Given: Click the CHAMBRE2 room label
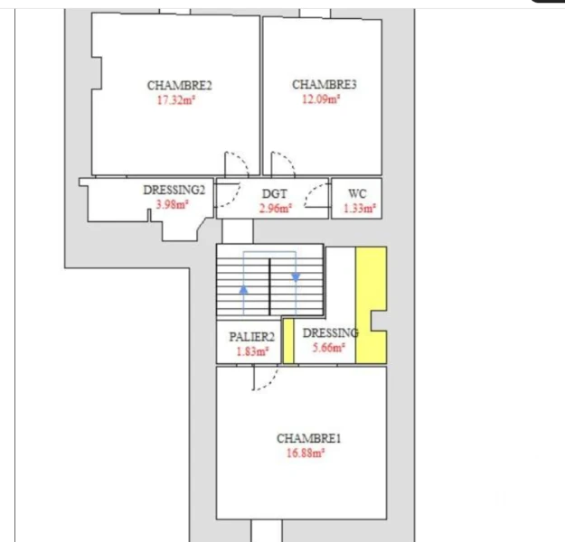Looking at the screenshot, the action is (180, 85).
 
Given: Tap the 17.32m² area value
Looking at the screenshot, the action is (176, 99).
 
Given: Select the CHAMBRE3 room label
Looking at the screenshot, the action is (325, 84).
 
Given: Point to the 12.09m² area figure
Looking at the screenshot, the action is (321, 98).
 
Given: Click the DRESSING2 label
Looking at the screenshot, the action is (174, 190).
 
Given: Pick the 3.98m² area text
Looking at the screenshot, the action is (173, 204).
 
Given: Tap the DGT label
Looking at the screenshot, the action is (275, 193).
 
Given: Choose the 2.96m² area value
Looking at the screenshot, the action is (276, 208).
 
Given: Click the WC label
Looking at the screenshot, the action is (357, 193).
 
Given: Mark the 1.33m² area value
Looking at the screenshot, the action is (360, 208).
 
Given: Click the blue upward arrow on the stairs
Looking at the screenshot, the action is (243, 289).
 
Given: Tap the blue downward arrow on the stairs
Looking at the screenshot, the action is (296, 277).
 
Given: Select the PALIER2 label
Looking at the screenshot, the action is (252, 337).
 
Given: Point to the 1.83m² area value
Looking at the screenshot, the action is (252, 351).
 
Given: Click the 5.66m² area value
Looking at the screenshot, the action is (329, 348).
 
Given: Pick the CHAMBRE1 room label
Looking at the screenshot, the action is (309, 438).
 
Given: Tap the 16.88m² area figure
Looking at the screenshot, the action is (306, 453).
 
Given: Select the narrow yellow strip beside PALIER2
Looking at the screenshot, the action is (288, 341).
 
